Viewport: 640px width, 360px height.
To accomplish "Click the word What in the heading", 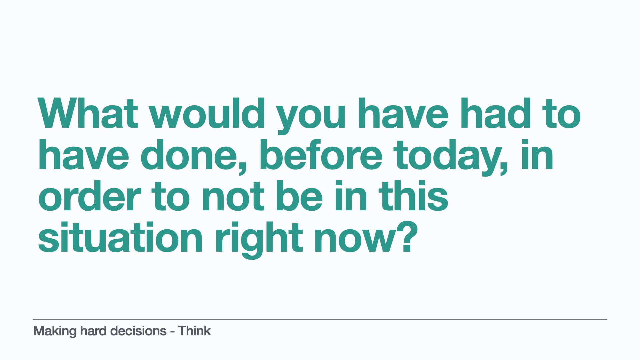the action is click(x=88, y=113).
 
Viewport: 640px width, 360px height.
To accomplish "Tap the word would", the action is click(x=207, y=113).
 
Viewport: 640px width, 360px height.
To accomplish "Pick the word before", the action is click(x=320, y=155).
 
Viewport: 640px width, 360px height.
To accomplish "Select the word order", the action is click(x=90, y=196).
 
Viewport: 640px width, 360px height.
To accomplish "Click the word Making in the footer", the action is click(x=55, y=331).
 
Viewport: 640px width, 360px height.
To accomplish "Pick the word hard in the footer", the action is click(x=94, y=331).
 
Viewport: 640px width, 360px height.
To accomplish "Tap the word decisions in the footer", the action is click(x=138, y=331).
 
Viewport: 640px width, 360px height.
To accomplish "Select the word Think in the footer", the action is click(x=194, y=331).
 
